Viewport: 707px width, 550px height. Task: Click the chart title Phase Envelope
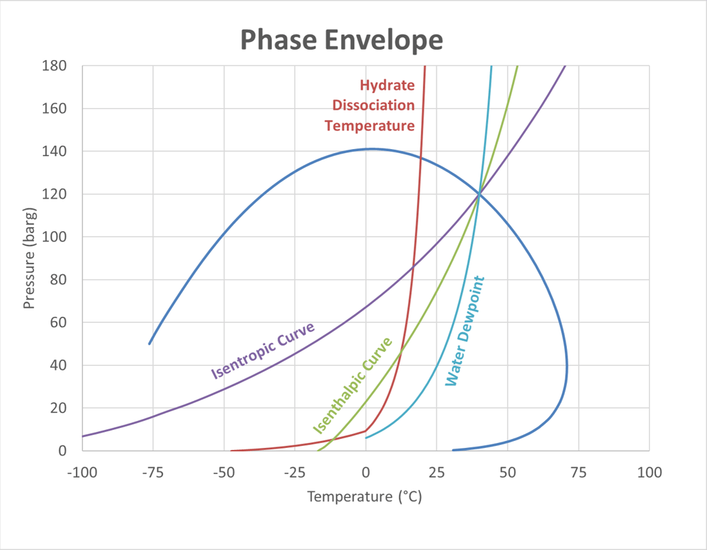coord(341,40)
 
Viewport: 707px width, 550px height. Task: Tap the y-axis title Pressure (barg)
coord(29,257)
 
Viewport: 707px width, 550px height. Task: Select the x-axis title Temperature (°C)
coord(364,497)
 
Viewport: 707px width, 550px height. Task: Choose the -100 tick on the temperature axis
coord(82,473)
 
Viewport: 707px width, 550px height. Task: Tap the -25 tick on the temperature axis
coord(295,473)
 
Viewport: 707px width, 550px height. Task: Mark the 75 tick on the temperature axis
coord(579,473)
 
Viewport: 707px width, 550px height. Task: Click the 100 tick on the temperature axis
coord(649,473)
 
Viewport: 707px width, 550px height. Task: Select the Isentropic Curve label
coord(262,351)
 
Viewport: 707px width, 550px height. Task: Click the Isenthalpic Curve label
coord(352,385)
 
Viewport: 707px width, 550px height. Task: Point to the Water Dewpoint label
coord(465,331)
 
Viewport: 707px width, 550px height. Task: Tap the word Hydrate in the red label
coord(387,86)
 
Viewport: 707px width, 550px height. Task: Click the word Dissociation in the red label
coord(374,106)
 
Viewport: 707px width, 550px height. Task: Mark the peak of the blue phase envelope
coord(371,148)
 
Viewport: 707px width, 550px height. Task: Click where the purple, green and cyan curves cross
coord(478,194)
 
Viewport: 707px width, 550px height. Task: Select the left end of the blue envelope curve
coord(149,344)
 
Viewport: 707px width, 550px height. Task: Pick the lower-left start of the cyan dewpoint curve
coord(366,438)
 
